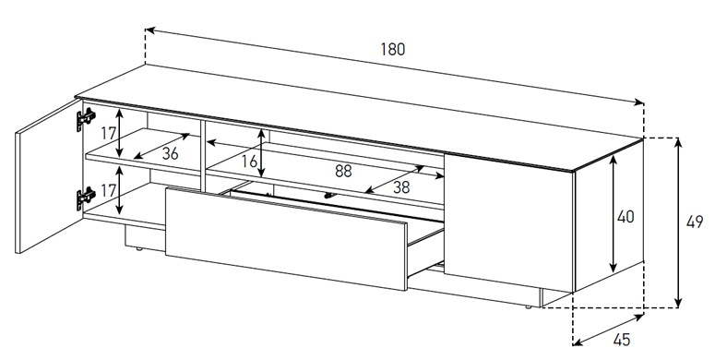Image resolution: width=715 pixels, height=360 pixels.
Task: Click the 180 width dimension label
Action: coord(393,49)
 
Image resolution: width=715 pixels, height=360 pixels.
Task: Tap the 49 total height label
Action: coord(694,222)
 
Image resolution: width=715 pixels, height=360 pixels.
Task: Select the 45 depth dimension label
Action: coord(622,339)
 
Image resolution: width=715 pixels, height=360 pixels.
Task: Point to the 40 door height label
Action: coord(626,216)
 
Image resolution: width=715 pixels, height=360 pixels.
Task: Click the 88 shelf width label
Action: coord(343,171)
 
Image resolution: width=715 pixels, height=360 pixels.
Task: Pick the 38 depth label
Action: coord(401,187)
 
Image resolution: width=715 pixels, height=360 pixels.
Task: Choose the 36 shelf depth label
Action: coord(170,153)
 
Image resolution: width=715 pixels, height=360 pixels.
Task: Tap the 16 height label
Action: coord(249,161)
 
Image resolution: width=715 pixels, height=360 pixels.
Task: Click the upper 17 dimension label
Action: coord(108,134)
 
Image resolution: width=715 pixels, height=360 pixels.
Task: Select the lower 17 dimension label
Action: coord(108,190)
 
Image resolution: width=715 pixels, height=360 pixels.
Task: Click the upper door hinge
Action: coord(86,119)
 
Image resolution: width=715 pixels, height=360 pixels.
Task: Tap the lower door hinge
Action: coord(86,198)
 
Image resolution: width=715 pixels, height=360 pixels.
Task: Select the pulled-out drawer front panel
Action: coord(286,238)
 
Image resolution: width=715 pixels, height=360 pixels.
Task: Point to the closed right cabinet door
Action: coord(509,222)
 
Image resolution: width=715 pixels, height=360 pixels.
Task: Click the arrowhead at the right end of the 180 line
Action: coord(638,102)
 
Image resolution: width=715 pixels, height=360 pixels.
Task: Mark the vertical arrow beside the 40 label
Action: coord(614,213)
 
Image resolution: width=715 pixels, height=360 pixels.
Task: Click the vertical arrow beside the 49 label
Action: coord(678,222)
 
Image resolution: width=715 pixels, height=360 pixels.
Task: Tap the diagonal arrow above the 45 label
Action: coord(608,329)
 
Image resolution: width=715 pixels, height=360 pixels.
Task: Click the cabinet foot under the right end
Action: coord(528,307)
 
